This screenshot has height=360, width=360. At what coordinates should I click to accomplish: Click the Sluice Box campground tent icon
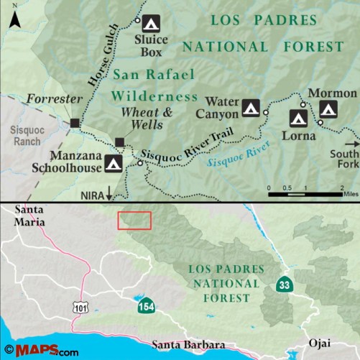tap(150, 22)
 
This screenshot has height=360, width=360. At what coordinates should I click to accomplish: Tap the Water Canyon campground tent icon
tap(250, 108)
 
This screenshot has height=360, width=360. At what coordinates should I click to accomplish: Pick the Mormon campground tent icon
tap(328, 110)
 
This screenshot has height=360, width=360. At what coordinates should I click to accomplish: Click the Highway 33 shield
tap(285, 285)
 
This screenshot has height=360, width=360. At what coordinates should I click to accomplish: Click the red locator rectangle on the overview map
tap(134, 221)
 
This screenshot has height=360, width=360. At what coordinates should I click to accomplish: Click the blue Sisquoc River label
tap(237, 158)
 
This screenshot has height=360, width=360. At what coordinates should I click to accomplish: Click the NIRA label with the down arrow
tap(96, 194)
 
